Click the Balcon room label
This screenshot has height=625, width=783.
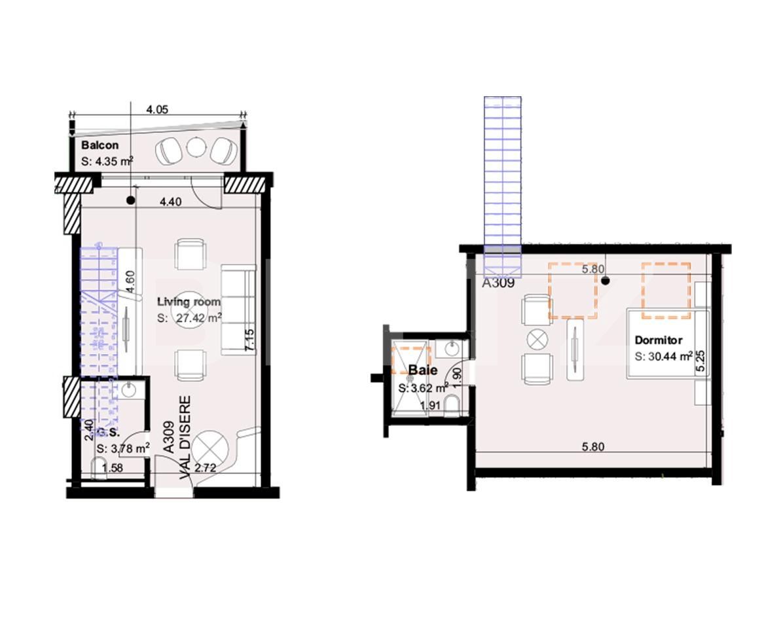click(x=100, y=145)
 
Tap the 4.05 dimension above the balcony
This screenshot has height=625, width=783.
click(x=157, y=110)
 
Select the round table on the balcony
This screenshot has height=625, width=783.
click(x=196, y=147)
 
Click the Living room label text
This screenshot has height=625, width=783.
click(x=189, y=302)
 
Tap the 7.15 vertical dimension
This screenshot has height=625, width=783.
click(x=249, y=340)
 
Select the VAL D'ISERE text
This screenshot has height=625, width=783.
click(x=185, y=437)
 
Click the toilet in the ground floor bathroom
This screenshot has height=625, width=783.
click(x=100, y=468)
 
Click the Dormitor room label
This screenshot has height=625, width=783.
click(x=658, y=340)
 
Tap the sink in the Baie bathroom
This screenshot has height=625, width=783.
click(x=450, y=349)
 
